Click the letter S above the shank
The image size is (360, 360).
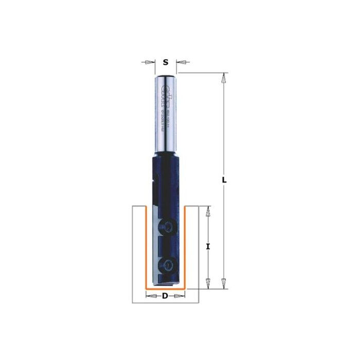coord(165,62)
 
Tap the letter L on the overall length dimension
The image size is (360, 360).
coord(224,180)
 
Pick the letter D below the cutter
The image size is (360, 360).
coord(165,296)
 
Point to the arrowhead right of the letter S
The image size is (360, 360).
coord(181,62)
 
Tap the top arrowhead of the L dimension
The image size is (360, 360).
coord(223,78)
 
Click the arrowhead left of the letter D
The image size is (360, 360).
coord(150,296)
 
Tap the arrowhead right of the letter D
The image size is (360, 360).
coord(180,296)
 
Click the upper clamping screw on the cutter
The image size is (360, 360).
coord(168,226)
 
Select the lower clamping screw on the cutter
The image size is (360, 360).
coord(168,265)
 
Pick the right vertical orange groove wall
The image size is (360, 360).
coord(185,247)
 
